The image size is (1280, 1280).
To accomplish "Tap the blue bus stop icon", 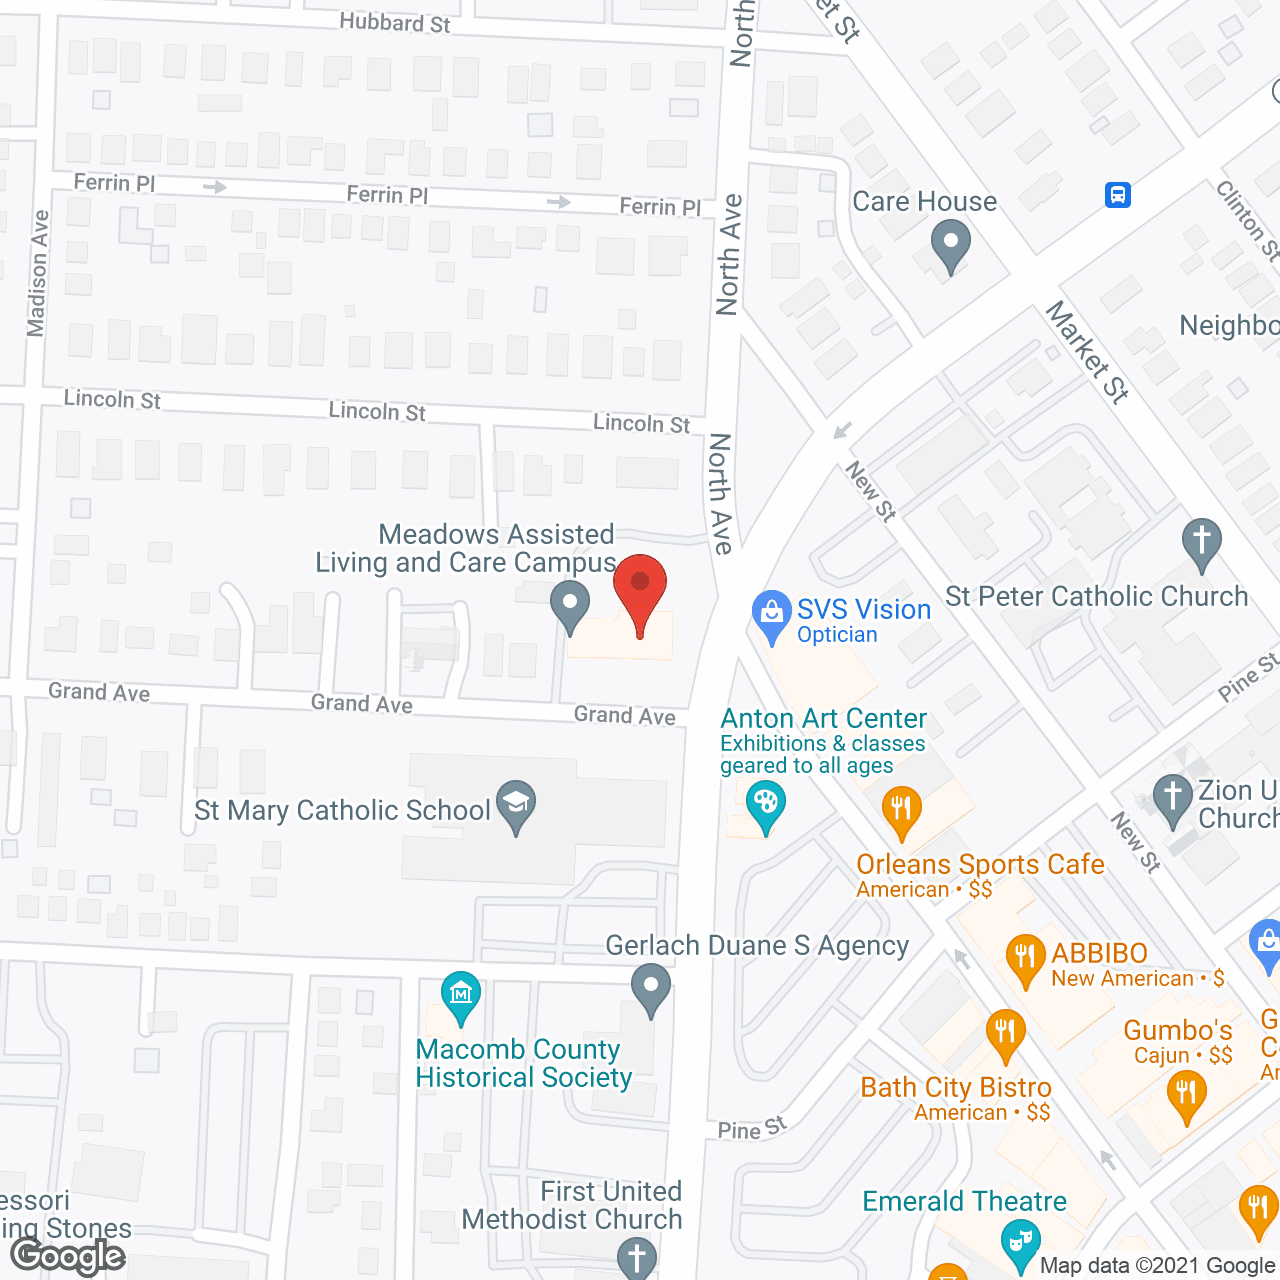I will pyautogui.click(x=1118, y=194).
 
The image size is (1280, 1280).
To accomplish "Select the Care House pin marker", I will pyautogui.click(x=950, y=244).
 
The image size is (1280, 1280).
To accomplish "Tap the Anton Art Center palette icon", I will pyautogui.click(x=765, y=804).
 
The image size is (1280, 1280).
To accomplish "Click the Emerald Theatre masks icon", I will pyautogui.click(x=1020, y=1242).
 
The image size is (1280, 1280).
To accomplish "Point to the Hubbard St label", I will pyautogui.click(x=394, y=22).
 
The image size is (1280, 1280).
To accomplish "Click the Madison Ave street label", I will pyautogui.click(x=38, y=273).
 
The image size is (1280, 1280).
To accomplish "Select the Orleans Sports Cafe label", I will pyautogui.click(x=980, y=864).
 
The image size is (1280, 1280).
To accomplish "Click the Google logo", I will pyautogui.click(x=68, y=1256).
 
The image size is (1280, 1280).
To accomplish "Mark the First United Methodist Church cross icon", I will pyautogui.click(x=636, y=1257).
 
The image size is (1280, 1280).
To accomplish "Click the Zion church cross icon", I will pyautogui.click(x=1172, y=798).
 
